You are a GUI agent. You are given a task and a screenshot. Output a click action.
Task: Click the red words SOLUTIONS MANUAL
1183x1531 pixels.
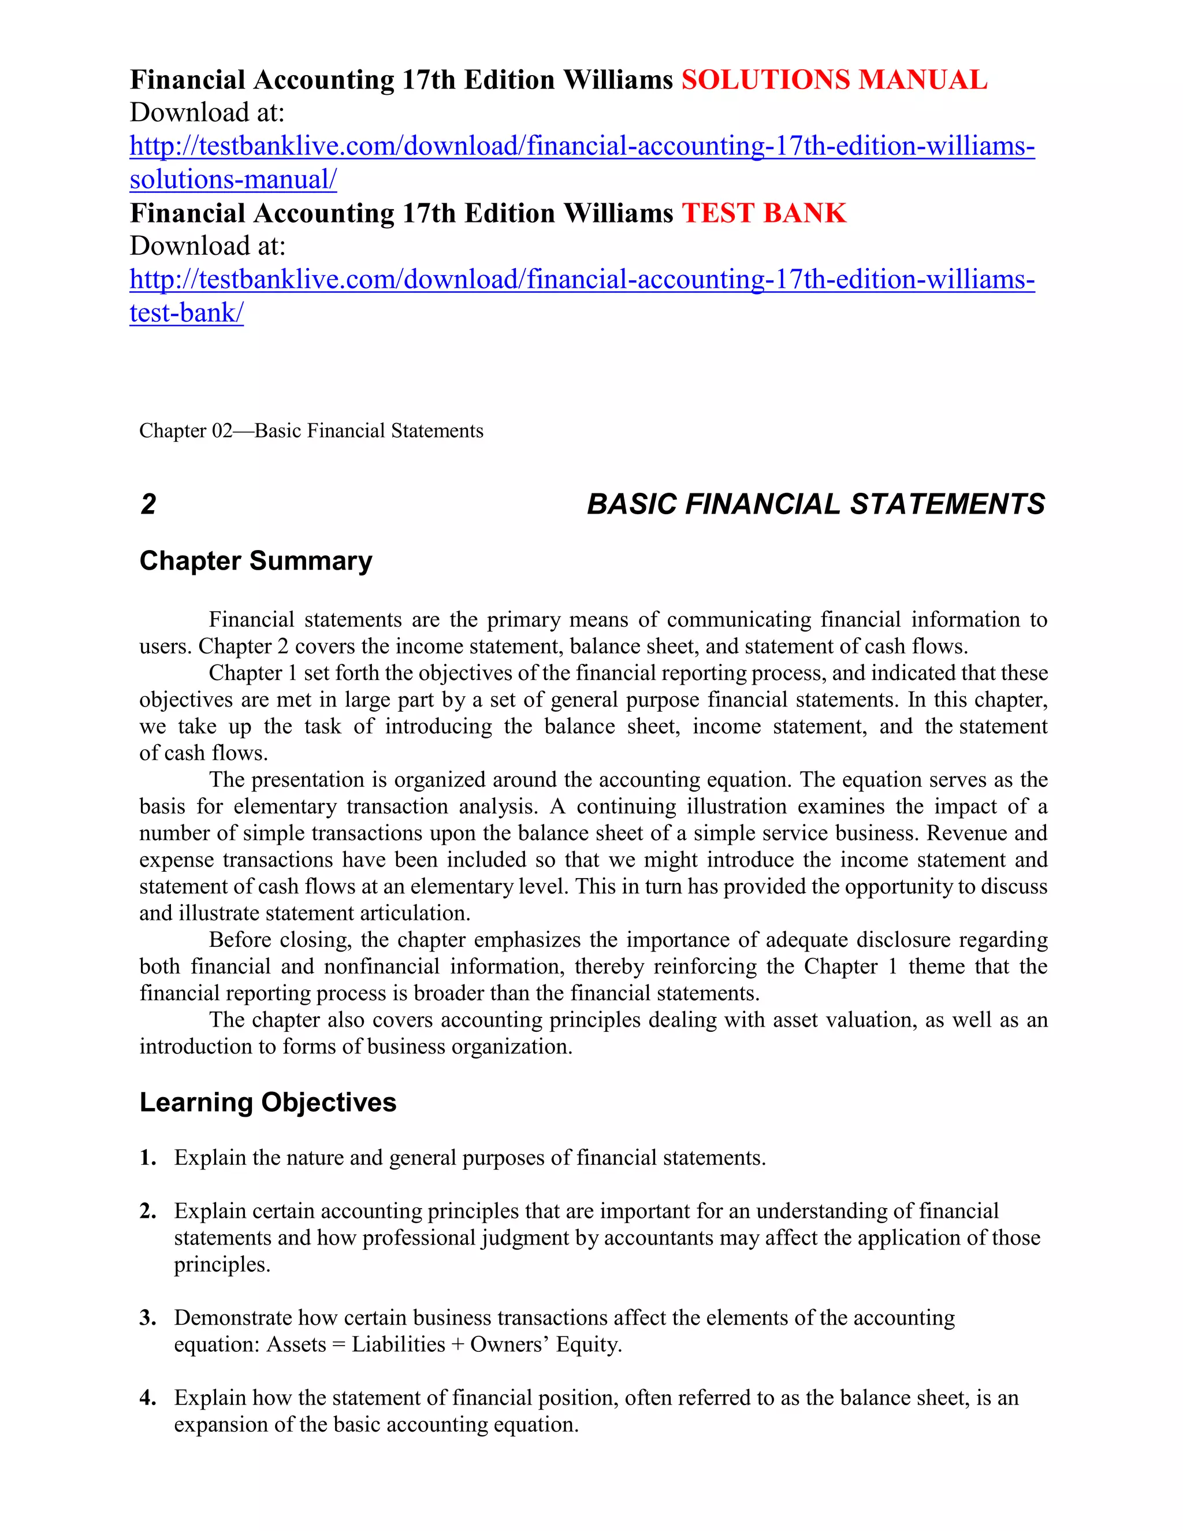[834, 80]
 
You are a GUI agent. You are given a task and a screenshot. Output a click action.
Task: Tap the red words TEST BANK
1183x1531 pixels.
[764, 213]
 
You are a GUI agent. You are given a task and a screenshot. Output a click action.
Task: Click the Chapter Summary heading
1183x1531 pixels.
[256, 561]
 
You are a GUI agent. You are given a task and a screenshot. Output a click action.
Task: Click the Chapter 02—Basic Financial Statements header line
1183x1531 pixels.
[311, 430]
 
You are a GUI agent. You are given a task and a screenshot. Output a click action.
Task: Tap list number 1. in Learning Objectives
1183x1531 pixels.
[148, 1157]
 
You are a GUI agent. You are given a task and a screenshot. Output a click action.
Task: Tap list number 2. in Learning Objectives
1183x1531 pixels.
[148, 1210]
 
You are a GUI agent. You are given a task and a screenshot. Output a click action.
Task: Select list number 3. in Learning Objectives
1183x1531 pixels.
[148, 1317]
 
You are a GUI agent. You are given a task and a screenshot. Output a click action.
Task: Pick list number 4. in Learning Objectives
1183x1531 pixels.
[148, 1397]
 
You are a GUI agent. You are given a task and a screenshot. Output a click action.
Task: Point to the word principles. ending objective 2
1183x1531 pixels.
[222, 1265]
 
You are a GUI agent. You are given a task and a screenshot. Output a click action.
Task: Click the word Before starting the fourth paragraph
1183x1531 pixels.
[240, 939]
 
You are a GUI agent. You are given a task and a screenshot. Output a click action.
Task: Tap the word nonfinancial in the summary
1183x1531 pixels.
[381, 966]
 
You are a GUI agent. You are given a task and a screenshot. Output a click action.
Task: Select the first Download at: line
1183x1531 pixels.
[207, 113]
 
